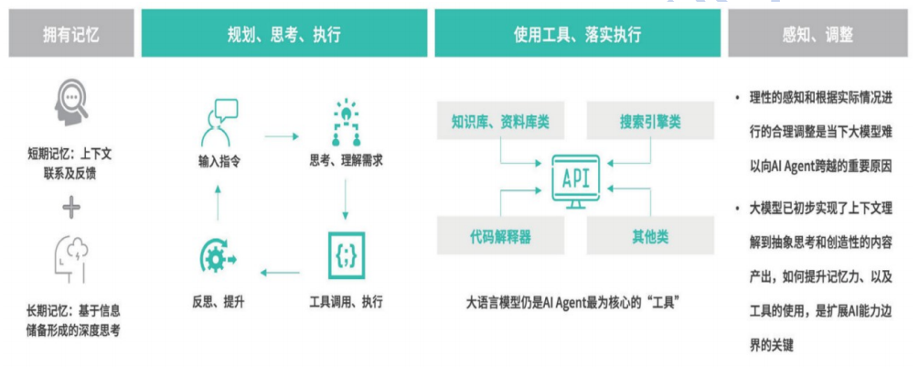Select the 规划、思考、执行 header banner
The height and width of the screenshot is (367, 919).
283,35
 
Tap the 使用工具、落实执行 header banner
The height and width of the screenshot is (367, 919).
576,35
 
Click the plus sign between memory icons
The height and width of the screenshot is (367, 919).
71,208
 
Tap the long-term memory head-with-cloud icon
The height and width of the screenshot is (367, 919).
69,258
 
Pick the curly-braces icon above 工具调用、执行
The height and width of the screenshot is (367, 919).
346,255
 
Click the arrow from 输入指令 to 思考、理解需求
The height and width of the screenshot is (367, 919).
282,137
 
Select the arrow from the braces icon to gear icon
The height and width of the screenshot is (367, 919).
282,271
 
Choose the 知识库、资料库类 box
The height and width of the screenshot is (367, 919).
499,121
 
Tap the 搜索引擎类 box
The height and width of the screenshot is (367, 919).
649,121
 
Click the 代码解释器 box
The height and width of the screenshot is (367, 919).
499,236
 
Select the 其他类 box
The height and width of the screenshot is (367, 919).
649,236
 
